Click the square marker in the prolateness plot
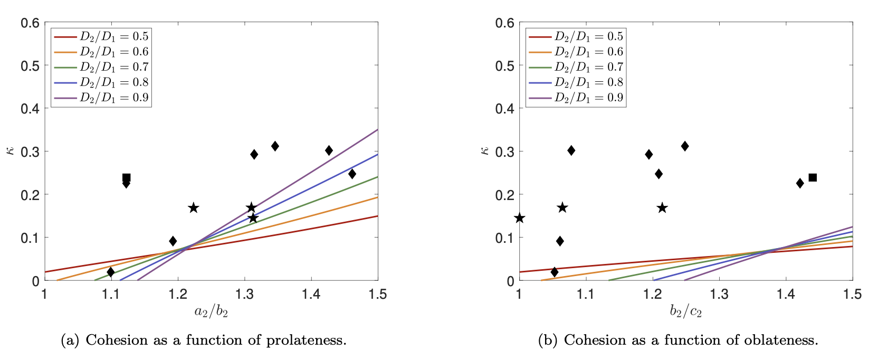[126, 178]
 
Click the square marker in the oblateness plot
[813, 177]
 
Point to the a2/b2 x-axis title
[211, 311]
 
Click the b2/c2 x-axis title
[686, 311]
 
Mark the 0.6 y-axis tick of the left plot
[30, 23]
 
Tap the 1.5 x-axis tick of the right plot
[853, 294]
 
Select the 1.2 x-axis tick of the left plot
[178, 294]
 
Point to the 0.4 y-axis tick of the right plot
[505, 109]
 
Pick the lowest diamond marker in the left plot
[110, 272]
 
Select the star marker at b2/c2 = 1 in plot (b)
[520, 218]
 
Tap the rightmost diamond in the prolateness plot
[352, 174]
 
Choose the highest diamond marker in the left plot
[275, 146]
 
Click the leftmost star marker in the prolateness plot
[194, 208]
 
